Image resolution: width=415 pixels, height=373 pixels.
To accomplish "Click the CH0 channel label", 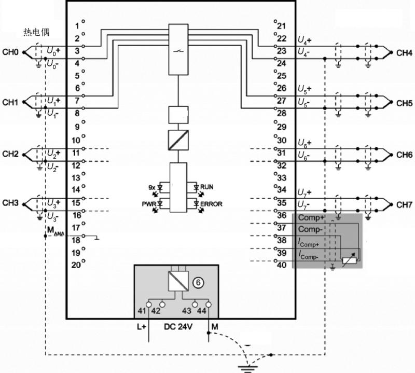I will point(10,52).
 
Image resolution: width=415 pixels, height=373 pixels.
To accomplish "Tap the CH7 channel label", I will point(404,204).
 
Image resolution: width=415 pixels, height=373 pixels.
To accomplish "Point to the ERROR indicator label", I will point(211,204).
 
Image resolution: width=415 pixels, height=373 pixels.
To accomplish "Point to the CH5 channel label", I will point(404,103).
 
